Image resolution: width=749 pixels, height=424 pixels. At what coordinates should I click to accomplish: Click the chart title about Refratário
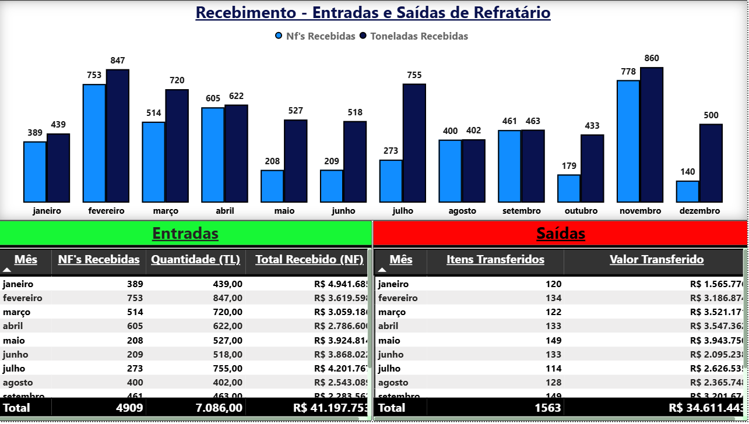tap(373, 12)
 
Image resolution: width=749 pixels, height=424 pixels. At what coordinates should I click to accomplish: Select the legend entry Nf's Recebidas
tap(315, 36)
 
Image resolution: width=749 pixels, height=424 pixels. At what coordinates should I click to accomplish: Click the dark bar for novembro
tap(652, 135)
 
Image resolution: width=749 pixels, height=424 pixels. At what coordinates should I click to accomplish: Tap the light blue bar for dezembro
tap(687, 192)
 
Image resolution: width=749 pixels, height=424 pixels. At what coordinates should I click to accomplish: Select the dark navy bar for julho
tap(414, 143)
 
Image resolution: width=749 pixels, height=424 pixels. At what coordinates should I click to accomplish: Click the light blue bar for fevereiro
tap(94, 143)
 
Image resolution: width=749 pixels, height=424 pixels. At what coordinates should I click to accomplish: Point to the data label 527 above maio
tap(296, 111)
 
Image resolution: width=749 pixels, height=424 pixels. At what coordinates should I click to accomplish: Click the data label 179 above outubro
tap(569, 166)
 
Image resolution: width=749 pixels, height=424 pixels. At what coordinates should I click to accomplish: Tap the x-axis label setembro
tap(521, 211)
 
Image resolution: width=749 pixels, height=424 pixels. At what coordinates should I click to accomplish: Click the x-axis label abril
tap(224, 211)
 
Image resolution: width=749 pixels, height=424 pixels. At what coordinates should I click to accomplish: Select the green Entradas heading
tap(185, 234)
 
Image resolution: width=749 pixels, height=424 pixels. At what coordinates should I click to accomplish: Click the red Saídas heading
tap(561, 234)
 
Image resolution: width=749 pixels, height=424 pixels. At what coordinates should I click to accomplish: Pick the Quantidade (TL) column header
tap(195, 260)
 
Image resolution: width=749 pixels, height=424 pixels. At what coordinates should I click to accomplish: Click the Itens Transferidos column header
tap(495, 260)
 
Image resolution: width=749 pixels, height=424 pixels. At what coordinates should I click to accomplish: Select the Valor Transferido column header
tap(656, 260)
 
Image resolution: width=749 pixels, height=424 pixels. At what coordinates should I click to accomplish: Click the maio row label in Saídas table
tap(389, 340)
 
